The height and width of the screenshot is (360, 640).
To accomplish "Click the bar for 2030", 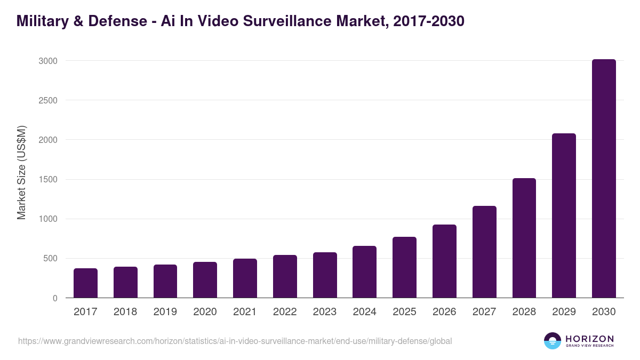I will [604, 179].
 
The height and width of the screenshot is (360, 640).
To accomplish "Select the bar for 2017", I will [85, 283].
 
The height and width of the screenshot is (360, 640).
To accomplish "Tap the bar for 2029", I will [564, 215].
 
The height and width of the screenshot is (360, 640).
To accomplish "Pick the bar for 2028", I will [524, 238].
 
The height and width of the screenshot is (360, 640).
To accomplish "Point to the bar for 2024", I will [364, 272].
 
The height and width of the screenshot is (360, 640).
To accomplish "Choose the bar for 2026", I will [444, 261].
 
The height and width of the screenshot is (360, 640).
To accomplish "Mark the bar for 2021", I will [245, 278].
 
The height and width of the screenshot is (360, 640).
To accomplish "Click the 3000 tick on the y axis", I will [47, 61].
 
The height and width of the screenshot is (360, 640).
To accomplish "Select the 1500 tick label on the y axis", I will [47, 180].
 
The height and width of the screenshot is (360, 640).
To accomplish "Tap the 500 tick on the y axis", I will [50, 259].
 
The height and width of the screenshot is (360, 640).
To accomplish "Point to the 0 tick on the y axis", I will [55, 298].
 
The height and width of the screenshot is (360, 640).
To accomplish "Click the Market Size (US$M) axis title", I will [21, 173].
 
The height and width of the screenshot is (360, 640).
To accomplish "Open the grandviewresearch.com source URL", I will [235, 341].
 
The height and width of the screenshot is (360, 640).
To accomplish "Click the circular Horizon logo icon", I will [553, 341].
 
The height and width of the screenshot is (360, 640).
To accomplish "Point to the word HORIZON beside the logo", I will [589, 339].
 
